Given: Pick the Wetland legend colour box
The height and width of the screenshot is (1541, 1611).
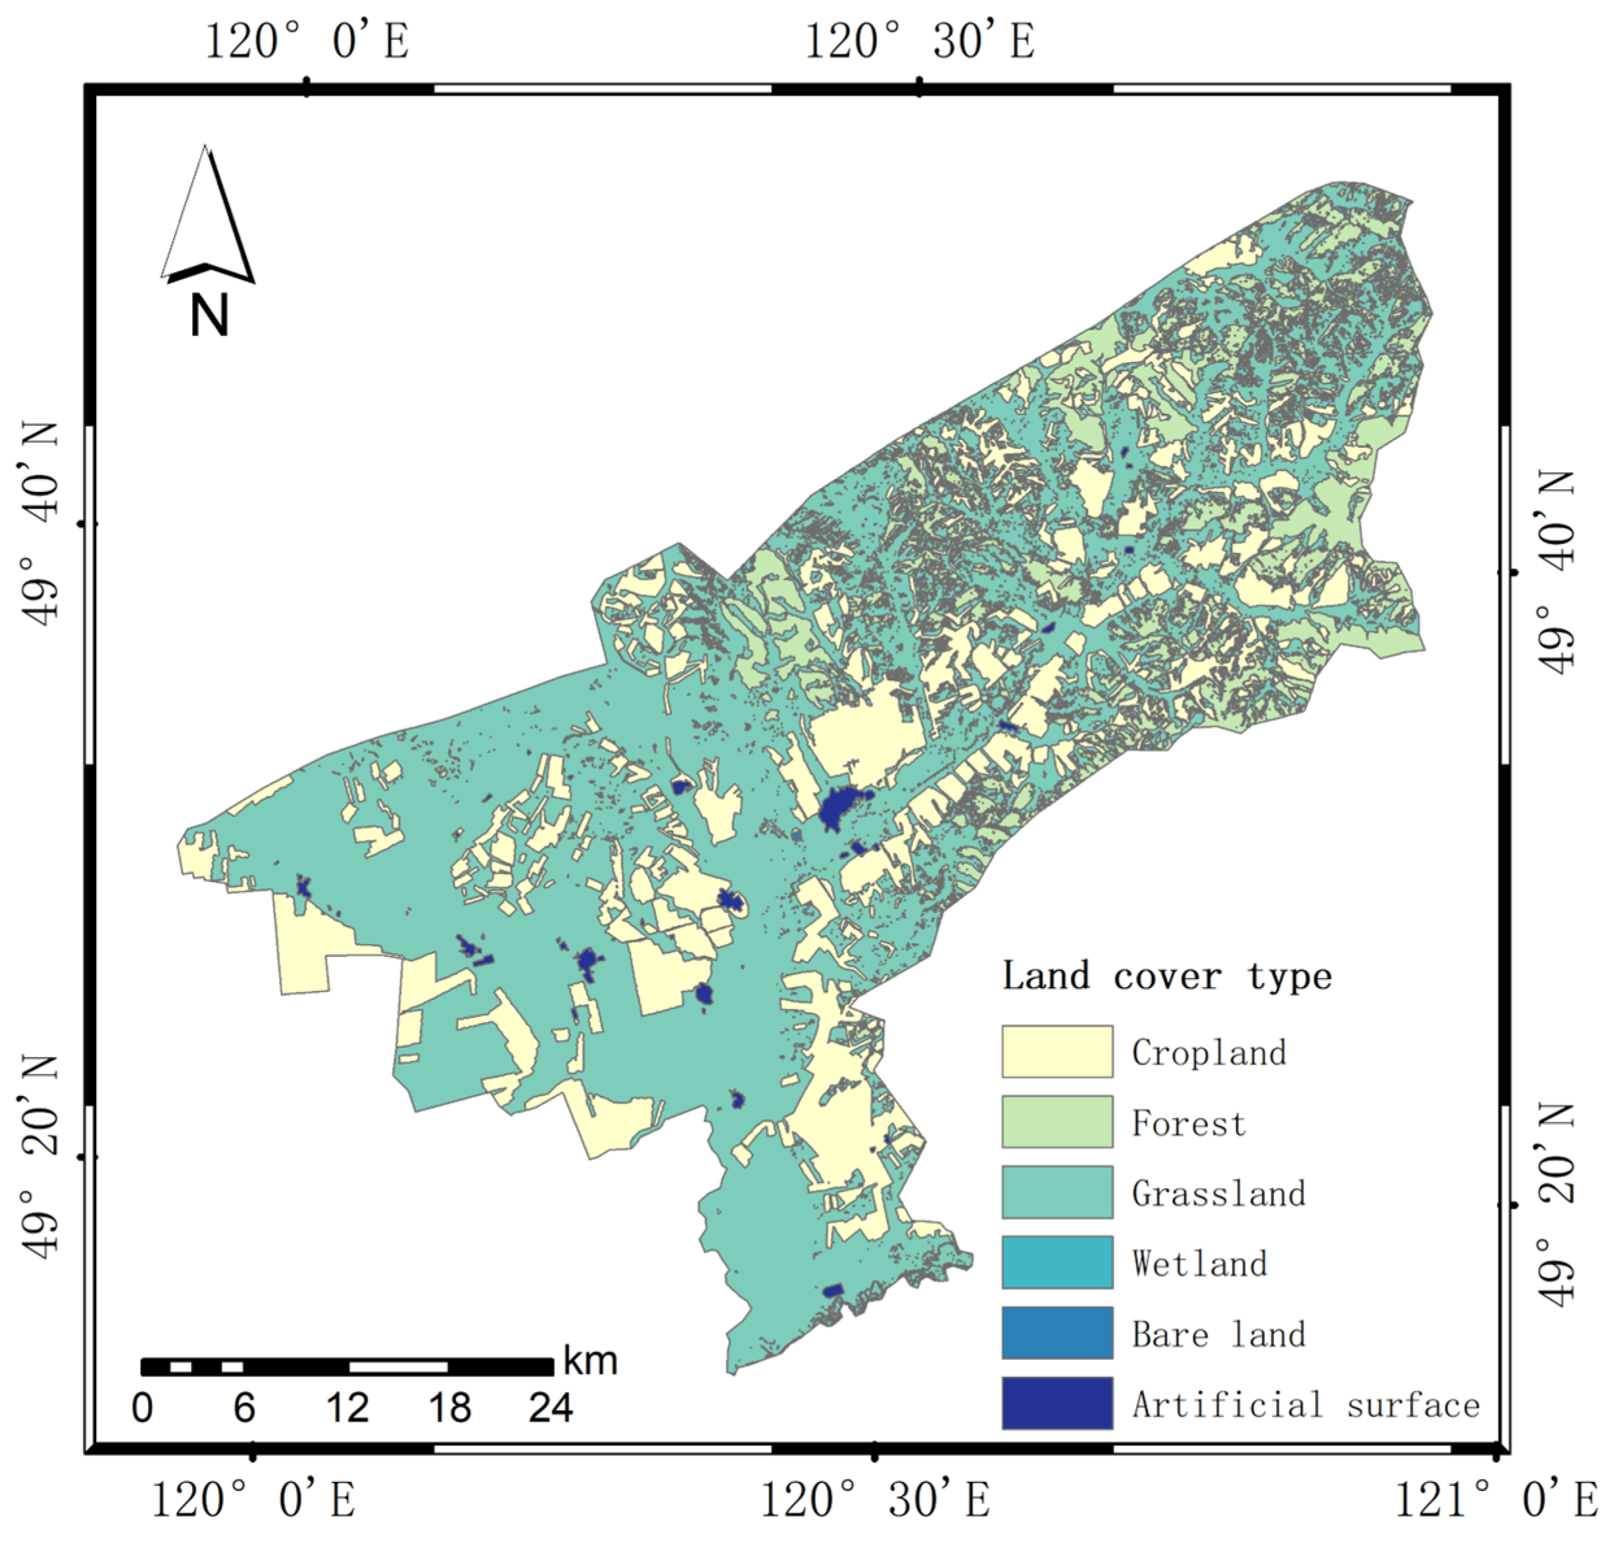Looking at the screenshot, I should click(x=1057, y=1262).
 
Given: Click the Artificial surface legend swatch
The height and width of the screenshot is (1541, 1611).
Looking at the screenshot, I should click(x=1057, y=1403).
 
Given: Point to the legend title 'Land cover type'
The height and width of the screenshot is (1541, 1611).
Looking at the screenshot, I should click(x=1166, y=976).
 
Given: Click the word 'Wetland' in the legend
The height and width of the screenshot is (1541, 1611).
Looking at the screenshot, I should click(x=1199, y=1263).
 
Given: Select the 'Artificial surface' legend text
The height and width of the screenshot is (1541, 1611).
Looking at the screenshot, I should click(x=1305, y=1405).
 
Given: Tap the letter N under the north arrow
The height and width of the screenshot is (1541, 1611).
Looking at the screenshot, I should click(x=208, y=316).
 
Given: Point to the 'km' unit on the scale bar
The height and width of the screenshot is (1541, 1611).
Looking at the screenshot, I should click(x=590, y=1361).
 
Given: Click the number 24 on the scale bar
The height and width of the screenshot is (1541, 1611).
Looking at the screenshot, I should click(x=550, y=1408).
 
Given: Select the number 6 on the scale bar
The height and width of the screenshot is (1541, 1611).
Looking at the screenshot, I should click(x=244, y=1408).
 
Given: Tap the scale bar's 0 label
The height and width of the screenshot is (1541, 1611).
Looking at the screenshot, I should click(x=142, y=1408).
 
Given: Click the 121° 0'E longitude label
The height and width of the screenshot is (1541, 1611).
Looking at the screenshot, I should click(x=1496, y=1500).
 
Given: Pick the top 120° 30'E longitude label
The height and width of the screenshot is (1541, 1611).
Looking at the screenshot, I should click(x=918, y=41).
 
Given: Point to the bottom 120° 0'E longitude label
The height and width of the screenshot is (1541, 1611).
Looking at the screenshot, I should click(x=253, y=1500).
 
